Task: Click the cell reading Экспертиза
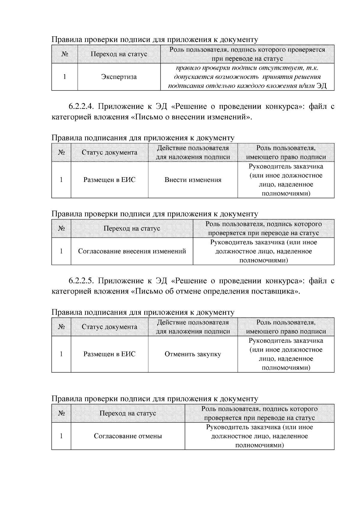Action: coord(119,77)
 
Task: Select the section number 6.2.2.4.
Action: coord(82,106)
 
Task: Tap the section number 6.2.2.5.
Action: coord(82,281)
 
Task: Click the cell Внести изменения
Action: coord(193,180)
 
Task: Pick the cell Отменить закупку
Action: coord(193,354)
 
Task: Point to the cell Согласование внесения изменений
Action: coord(132,251)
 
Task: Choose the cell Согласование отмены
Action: coord(128,436)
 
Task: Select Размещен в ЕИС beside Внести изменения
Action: coord(109,180)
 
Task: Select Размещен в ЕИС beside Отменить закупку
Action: coord(109,354)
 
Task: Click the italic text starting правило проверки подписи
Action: coord(247,77)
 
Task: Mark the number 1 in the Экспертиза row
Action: coord(64,77)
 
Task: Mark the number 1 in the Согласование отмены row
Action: coord(61,436)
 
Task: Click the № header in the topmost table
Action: coord(64,54)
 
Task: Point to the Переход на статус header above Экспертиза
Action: coord(119,54)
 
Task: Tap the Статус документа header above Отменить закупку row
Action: coord(109,327)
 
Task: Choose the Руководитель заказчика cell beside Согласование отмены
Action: coord(259,436)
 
